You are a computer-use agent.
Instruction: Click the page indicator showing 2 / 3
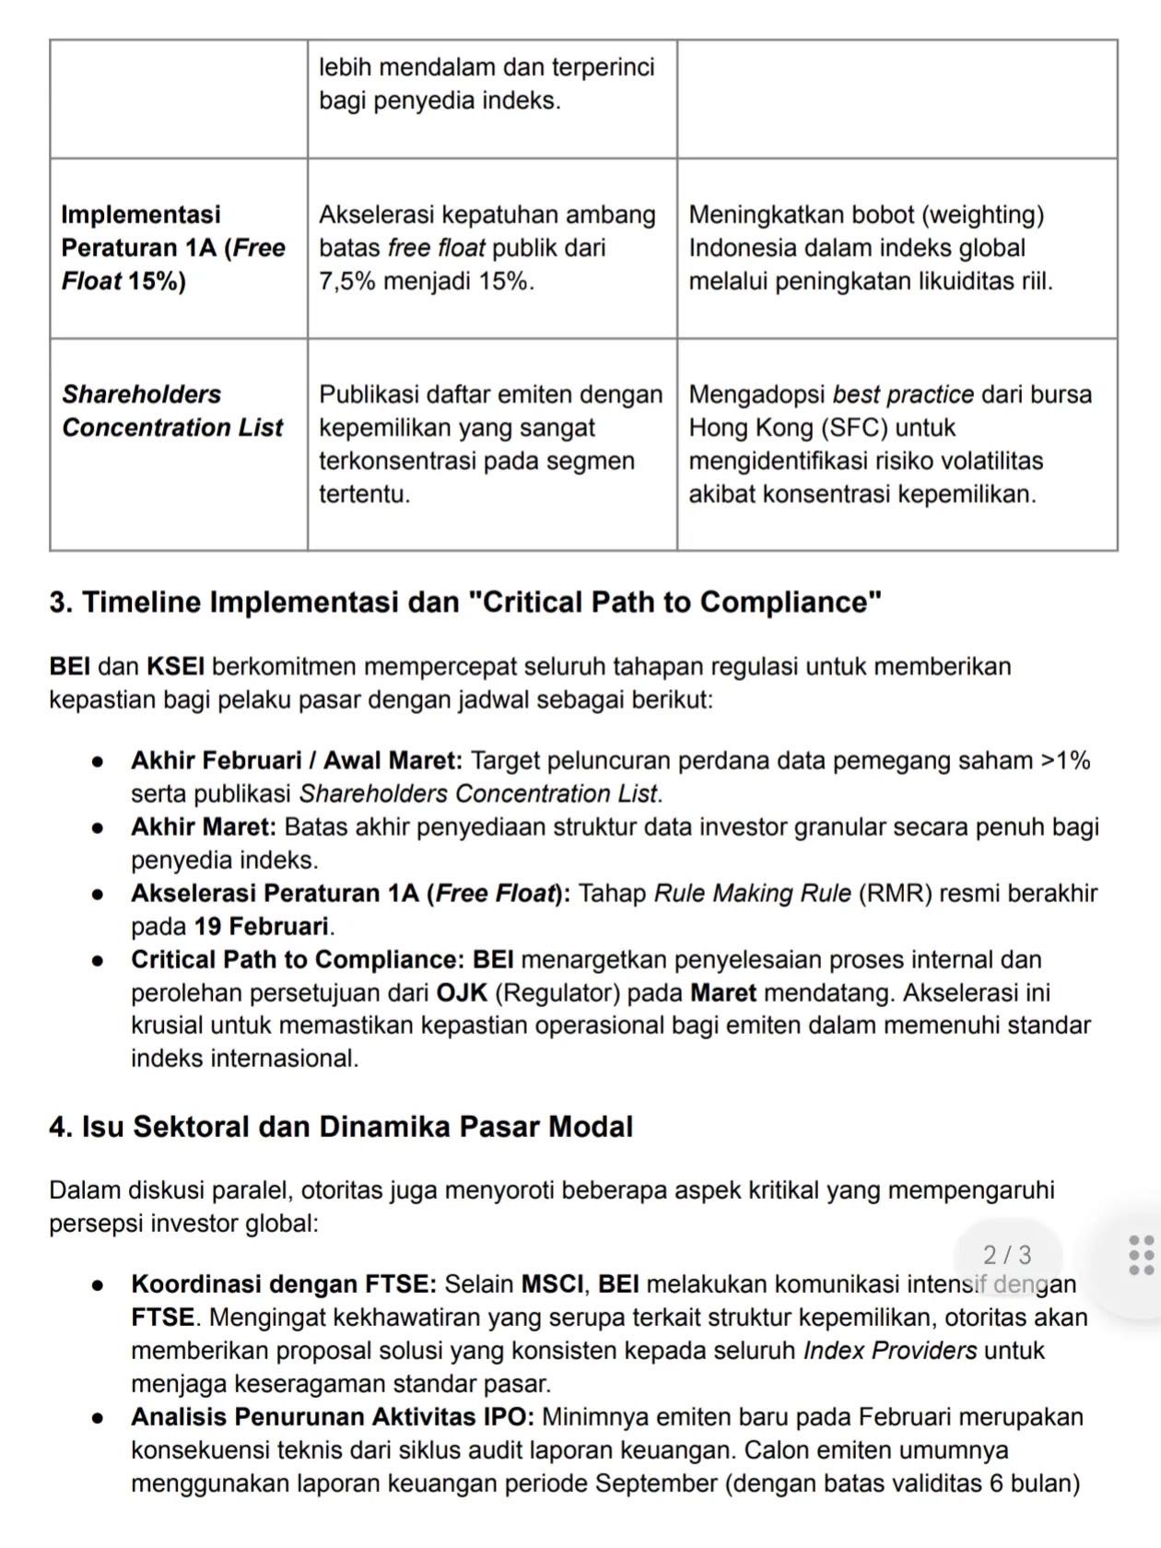click(1007, 1255)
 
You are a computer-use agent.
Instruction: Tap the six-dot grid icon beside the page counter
click(1141, 1256)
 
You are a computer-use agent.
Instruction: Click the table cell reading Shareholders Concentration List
click(172, 411)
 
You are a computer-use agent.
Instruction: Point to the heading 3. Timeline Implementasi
click(465, 603)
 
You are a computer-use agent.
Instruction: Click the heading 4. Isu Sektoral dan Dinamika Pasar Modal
click(341, 1127)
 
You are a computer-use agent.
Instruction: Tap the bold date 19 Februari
click(261, 926)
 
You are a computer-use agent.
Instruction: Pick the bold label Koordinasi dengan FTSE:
click(284, 1284)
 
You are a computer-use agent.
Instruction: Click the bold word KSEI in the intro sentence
click(176, 666)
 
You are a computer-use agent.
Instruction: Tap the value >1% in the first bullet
click(1065, 760)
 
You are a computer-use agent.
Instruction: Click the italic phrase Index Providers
click(890, 1350)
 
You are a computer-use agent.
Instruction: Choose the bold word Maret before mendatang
click(723, 992)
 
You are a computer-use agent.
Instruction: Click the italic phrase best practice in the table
click(903, 394)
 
